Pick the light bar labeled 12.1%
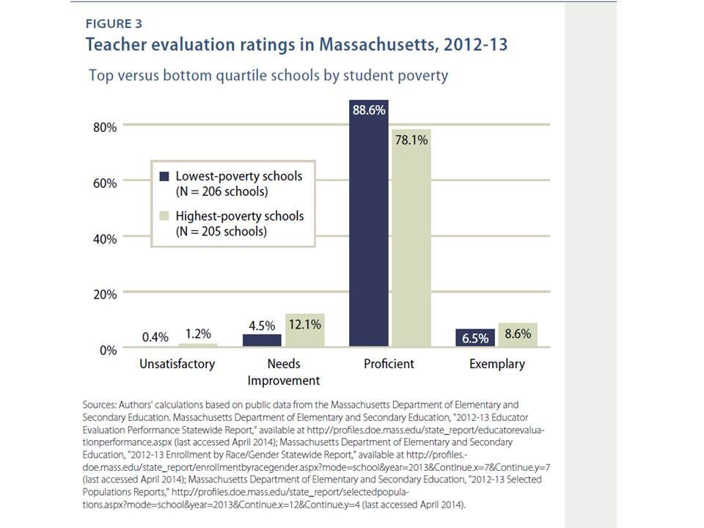(x=304, y=330)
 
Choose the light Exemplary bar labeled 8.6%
(x=518, y=334)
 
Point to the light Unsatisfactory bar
(x=198, y=345)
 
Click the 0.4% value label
(x=155, y=337)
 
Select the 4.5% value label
(x=262, y=323)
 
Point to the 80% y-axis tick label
(x=104, y=127)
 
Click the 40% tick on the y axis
(x=104, y=239)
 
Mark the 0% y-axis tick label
(x=108, y=351)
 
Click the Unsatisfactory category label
(x=177, y=364)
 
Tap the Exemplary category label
(x=497, y=364)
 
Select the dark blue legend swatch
(x=164, y=176)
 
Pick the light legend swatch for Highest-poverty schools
(x=164, y=216)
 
